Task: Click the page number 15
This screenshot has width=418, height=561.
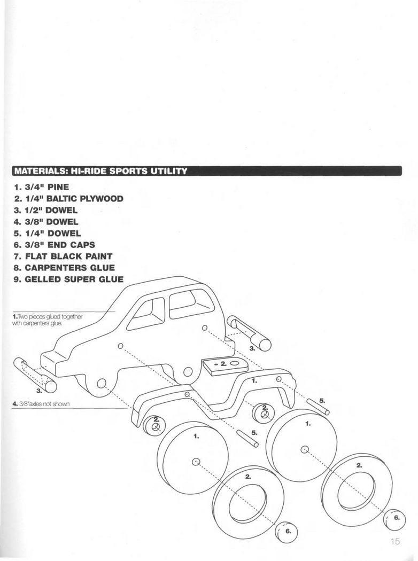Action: pyautogui.click(x=395, y=541)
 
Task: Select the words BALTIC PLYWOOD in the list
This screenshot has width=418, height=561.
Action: pyautogui.click(x=85, y=199)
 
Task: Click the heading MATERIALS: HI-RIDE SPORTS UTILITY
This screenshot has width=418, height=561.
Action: pyautogui.click(x=100, y=171)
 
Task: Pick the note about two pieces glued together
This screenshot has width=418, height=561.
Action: pyautogui.click(x=48, y=320)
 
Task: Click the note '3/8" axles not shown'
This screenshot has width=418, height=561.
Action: pyautogui.click(x=41, y=404)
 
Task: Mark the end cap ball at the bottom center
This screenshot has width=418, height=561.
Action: pyautogui.click(x=287, y=531)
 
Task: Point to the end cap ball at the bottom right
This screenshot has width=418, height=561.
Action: pyautogui.click(x=394, y=519)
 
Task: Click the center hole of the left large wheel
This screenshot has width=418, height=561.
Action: pyautogui.click(x=196, y=462)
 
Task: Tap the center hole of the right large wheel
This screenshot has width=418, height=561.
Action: pyautogui.click(x=304, y=449)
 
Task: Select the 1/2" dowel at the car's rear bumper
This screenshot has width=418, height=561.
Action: pyautogui.click(x=250, y=333)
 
